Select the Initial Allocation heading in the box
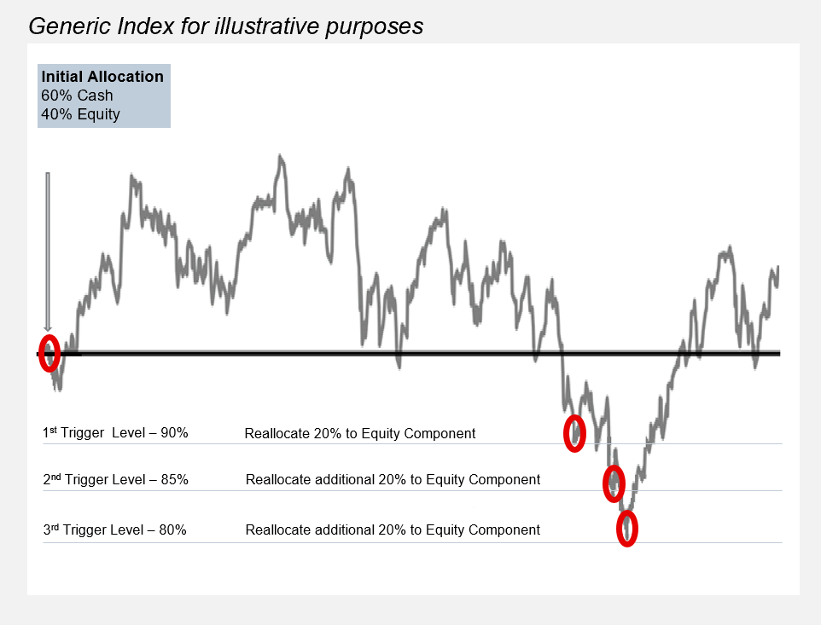click(102, 77)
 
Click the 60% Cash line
click(77, 95)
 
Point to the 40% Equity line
click(80, 114)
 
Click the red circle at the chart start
click(49, 353)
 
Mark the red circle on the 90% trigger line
click(575, 432)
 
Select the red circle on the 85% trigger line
click(614, 483)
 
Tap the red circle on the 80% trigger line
click(627, 528)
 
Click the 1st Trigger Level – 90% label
click(115, 433)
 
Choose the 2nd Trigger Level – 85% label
click(115, 479)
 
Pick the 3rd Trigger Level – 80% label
click(114, 530)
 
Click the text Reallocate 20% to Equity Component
click(359, 433)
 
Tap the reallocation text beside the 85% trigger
click(393, 479)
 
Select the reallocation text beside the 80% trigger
click(393, 530)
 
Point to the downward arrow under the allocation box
click(48, 252)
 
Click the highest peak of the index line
click(280, 157)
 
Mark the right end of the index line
click(777, 268)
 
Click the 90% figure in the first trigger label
click(174, 433)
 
